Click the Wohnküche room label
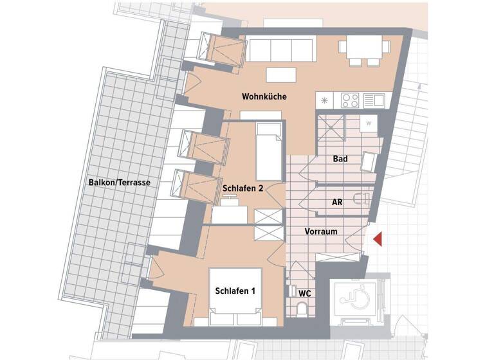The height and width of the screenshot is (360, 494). tap(264, 97)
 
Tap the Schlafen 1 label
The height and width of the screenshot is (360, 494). tap(235, 291)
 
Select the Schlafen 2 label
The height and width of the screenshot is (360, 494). tap(243, 189)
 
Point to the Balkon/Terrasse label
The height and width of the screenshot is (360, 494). tap(119, 183)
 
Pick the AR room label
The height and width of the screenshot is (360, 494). tap(336, 202)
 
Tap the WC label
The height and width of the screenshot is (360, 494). tap(305, 293)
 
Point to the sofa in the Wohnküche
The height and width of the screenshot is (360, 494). tap(280, 49)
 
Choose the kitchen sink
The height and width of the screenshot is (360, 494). tap(374, 100)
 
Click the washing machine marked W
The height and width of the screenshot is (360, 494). tap(369, 122)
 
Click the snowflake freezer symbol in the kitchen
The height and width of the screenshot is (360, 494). tap(325, 101)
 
